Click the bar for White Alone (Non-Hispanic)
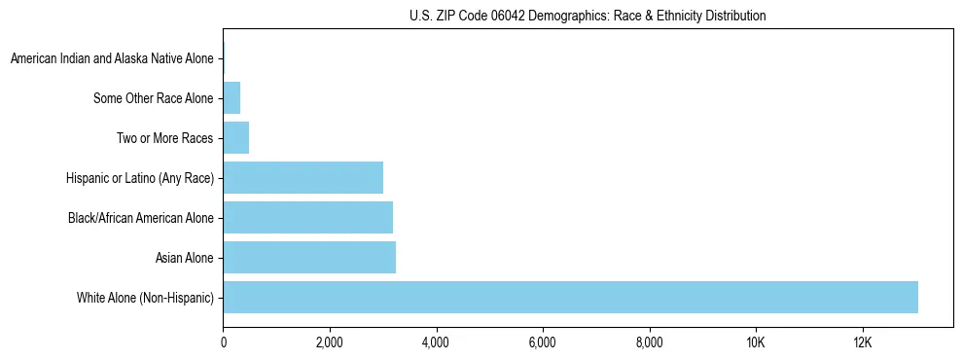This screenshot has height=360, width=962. click(570, 297)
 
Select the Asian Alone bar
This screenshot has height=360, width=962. click(309, 257)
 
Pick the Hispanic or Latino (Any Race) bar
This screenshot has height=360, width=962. click(303, 177)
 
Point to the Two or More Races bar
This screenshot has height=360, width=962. click(236, 138)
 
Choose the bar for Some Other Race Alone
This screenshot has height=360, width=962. click(232, 98)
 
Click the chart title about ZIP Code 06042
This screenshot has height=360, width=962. click(588, 16)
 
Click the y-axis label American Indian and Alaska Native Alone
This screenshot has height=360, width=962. click(112, 59)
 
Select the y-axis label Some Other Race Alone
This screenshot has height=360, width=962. click(153, 98)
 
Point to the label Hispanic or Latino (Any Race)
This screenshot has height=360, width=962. click(139, 177)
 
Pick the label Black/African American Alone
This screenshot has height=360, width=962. click(140, 217)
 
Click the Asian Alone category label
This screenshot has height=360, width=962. click(184, 257)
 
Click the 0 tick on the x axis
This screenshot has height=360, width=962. click(223, 342)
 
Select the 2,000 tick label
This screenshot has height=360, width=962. click(329, 342)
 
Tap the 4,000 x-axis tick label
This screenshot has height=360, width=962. click(436, 342)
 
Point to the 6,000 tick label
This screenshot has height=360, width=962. click(542, 342)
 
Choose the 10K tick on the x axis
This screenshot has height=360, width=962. click(755, 342)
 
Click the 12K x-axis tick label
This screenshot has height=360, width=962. click(862, 342)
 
